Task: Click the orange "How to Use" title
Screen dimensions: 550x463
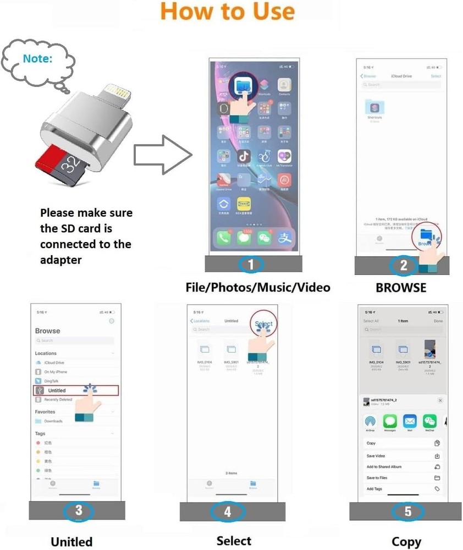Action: pos(227,12)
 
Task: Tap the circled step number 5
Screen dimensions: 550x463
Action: pos(407,512)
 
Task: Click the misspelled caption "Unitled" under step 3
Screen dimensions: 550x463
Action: pos(71,541)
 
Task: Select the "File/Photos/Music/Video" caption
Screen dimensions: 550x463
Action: pos(258,288)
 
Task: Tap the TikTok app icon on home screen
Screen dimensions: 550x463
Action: pos(244,156)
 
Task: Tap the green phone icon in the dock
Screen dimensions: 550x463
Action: pos(223,238)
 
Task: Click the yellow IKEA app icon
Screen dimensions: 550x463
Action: pos(244,205)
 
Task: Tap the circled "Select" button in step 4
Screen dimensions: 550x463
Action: pos(263,324)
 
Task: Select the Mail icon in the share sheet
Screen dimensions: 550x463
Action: pos(410,422)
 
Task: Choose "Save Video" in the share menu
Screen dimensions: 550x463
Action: pos(376,456)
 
